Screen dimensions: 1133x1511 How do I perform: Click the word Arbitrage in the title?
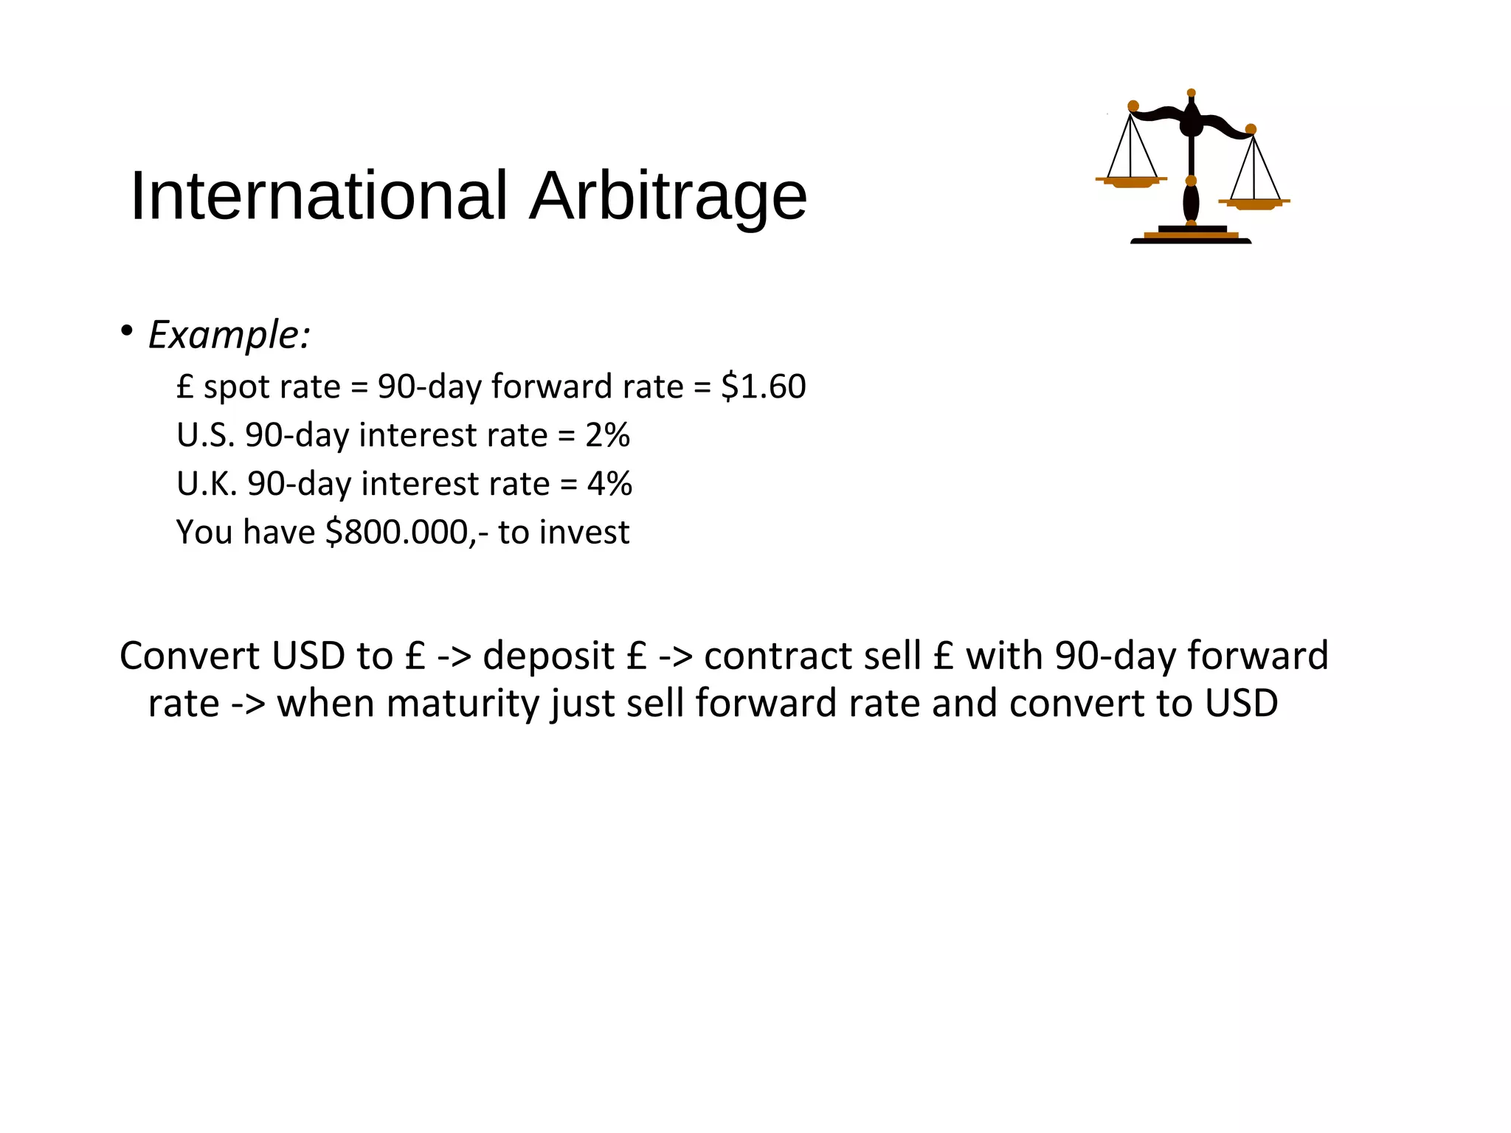668,196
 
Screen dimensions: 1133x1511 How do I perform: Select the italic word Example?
229,336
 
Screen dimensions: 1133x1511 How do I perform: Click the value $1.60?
763,387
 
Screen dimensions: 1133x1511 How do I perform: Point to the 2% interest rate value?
607,435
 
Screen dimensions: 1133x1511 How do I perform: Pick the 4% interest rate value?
609,484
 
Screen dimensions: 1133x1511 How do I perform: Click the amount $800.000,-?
407,533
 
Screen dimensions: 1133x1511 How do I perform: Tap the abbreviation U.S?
205,435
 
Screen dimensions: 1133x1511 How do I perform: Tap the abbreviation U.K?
207,484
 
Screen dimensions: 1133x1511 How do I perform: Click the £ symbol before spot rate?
184,387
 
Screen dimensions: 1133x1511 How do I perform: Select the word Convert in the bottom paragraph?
190,656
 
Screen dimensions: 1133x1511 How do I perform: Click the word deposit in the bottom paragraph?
548,656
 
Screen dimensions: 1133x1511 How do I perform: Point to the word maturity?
463,704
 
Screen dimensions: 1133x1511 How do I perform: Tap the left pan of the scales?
1131,181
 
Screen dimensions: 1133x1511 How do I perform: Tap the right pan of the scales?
1254,203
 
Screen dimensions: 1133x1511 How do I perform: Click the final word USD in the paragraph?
1241,704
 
